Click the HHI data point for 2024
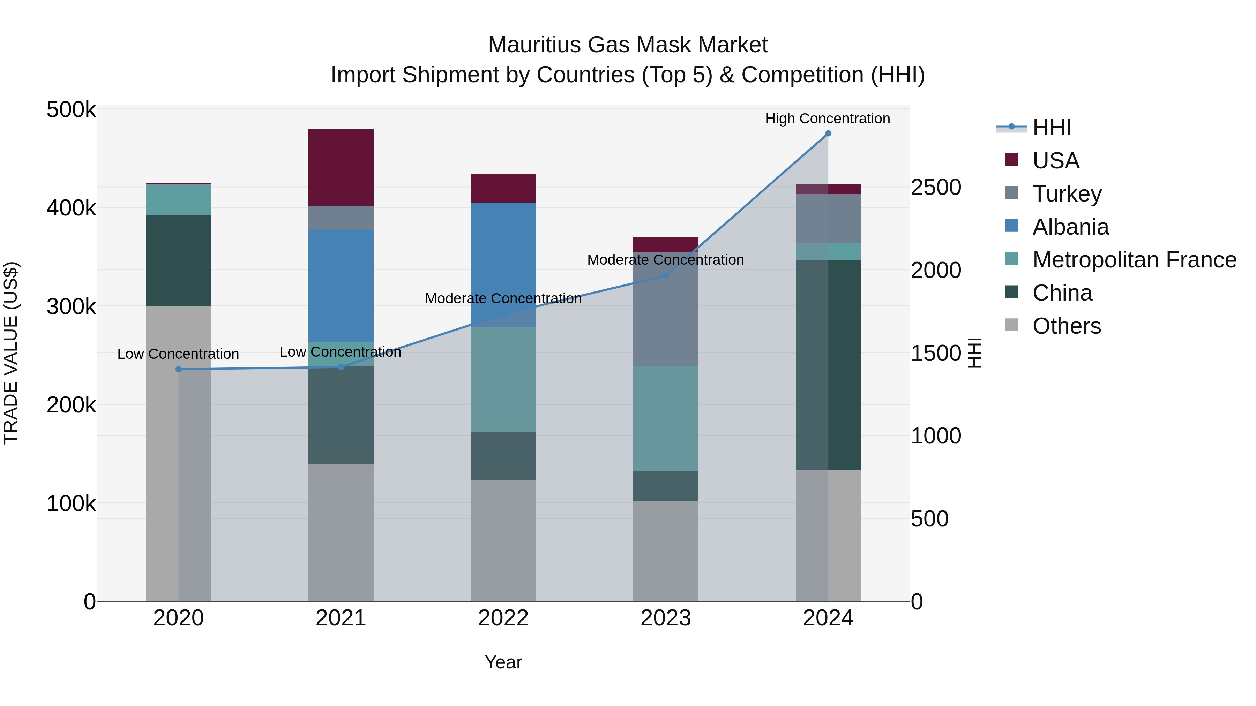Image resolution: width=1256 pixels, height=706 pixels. coord(828,134)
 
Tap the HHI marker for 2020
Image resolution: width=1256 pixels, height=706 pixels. coord(178,369)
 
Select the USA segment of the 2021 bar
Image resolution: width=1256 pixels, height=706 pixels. coord(341,168)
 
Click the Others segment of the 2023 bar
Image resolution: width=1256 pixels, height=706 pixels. coord(666,551)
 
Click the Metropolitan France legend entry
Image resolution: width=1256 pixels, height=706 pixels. coord(1134,260)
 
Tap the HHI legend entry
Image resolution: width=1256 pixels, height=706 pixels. coord(1051,128)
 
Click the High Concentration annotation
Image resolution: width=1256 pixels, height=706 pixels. coord(828,119)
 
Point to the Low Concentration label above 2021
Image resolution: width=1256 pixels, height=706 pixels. coord(340,352)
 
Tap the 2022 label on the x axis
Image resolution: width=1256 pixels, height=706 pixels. coord(503,618)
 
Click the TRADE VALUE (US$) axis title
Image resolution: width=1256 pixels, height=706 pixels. coord(11,353)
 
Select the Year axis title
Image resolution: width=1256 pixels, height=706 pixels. coord(503,662)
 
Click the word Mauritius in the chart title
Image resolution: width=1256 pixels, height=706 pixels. coord(534,45)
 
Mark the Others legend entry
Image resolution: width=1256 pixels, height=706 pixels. coord(1066,326)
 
